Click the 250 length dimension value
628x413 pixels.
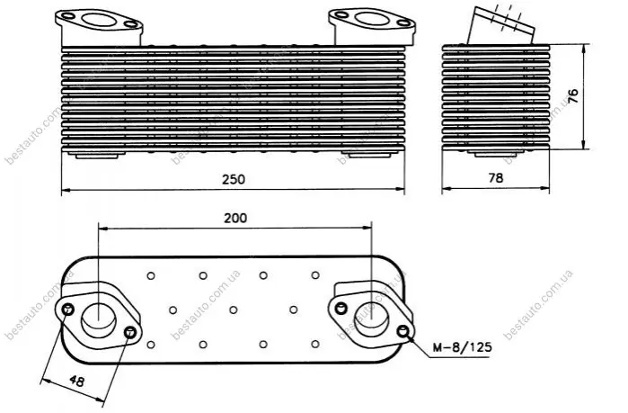234,179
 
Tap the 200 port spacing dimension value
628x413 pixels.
235,218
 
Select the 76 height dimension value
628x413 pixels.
573,96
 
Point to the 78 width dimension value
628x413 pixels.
495,177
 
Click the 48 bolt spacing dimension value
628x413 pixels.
76,381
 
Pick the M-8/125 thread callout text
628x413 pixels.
462,346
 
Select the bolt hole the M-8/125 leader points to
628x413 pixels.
403,332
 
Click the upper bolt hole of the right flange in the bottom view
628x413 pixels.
341,308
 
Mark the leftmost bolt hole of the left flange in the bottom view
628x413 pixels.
67,310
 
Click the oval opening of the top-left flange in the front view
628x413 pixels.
100,19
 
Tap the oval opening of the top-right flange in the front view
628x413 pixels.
373,18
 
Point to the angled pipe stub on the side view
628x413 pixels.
500,25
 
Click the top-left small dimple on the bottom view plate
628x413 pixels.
151,276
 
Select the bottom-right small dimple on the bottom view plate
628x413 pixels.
315,344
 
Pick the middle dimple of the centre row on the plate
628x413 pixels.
233,310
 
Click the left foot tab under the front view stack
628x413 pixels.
96,156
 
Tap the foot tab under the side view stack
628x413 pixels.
495,154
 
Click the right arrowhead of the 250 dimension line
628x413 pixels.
400,189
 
